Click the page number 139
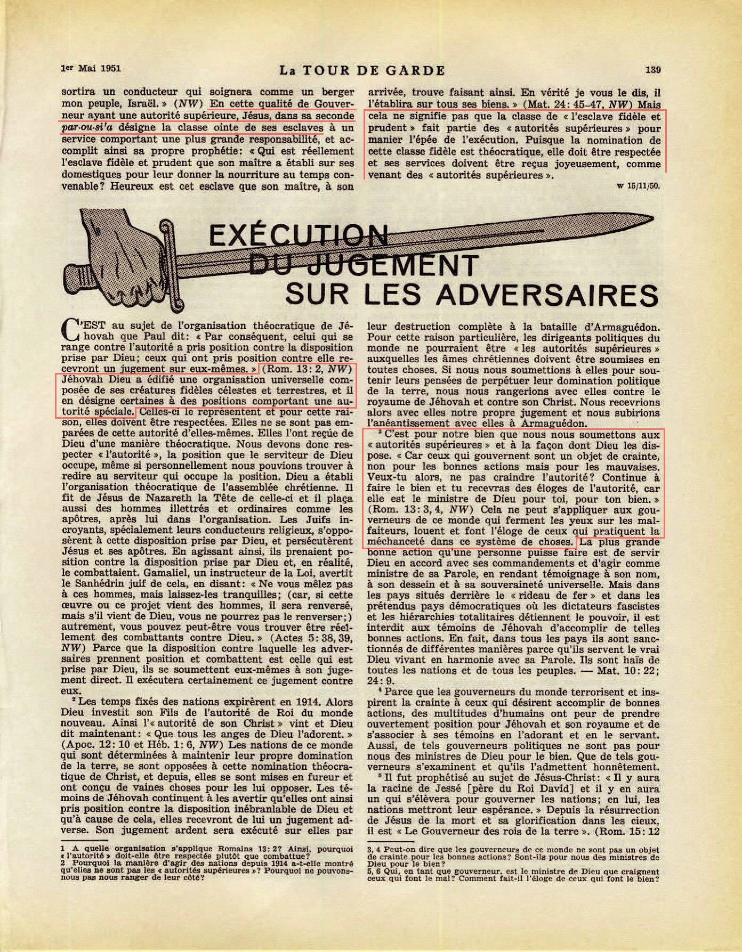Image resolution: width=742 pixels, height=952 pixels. pyautogui.click(x=653, y=69)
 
